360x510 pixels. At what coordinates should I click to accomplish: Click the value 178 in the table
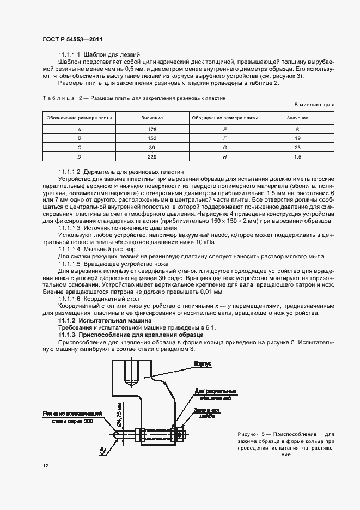(152, 129)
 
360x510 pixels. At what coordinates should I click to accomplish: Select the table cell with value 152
(152, 138)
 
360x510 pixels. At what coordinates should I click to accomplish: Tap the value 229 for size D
(152, 157)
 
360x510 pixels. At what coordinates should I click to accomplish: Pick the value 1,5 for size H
(297, 157)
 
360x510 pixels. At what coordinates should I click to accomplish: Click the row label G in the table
(224, 148)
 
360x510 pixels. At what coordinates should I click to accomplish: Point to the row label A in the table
(80, 129)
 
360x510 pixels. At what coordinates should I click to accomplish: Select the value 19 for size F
(297, 138)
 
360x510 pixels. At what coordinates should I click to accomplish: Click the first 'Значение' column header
(152, 117)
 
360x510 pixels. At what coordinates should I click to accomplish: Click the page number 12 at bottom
(45, 466)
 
